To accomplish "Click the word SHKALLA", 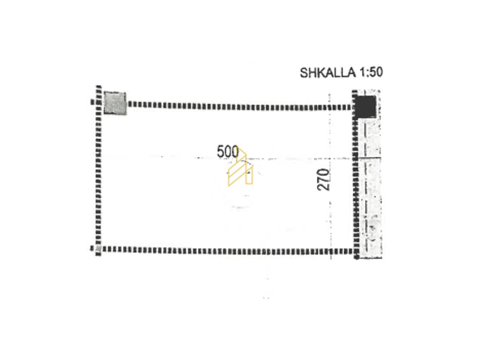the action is tap(328, 73).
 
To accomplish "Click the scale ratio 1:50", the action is tap(371, 73).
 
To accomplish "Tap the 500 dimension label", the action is tap(228, 152).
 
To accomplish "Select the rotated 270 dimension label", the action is tap(323, 180).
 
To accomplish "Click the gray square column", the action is tap(115, 103).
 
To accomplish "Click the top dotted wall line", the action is tap(240, 106).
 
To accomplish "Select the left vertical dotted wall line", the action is tap(98, 170).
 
